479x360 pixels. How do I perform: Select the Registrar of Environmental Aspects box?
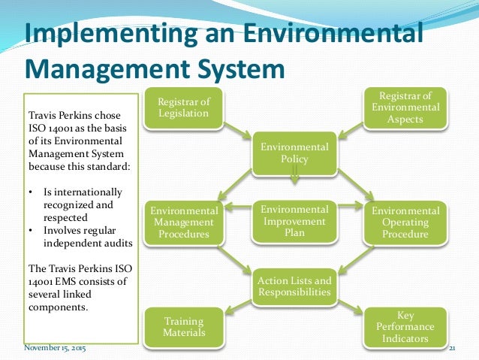(x=405, y=107)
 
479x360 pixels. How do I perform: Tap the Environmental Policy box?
(x=294, y=153)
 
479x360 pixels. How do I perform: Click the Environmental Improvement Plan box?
(x=294, y=221)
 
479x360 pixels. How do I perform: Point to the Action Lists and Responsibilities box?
(x=294, y=286)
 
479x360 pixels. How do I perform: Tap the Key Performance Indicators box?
(x=405, y=326)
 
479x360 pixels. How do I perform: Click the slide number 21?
(x=453, y=349)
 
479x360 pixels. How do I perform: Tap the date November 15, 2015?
(x=55, y=349)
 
